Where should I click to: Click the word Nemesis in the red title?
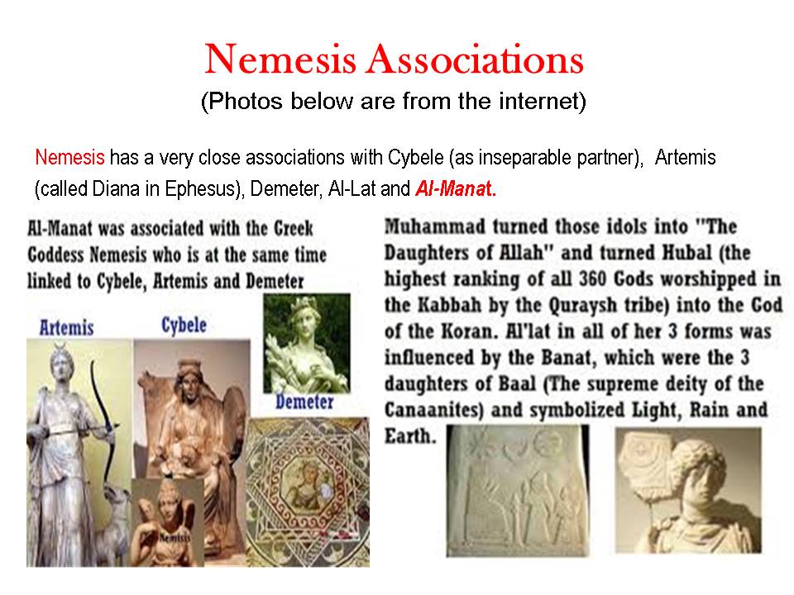tap(280, 59)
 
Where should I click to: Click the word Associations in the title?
tap(476, 59)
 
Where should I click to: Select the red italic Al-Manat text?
tap(453, 188)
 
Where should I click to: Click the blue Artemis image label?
tap(67, 327)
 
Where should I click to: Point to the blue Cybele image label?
tap(184, 325)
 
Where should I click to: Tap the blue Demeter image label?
tap(305, 402)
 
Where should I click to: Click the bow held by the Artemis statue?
tap(104, 420)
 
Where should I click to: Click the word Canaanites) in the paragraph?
tap(433, 409)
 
